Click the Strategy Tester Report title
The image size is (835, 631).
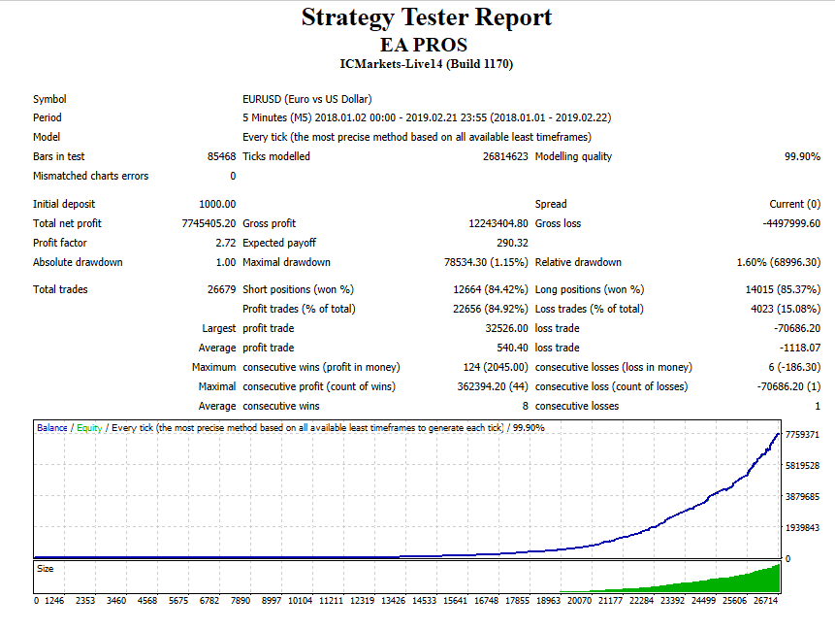[427, 17]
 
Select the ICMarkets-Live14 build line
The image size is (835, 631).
[427, 64]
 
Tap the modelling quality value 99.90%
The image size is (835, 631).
[802, 156]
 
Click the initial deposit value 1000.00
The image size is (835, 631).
[217, 204]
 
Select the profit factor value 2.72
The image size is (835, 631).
[225, 243]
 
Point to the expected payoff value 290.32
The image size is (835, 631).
[511, 243]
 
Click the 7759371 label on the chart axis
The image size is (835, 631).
[802, 434]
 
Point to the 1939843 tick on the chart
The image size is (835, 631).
[802, 527]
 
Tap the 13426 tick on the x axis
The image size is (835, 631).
[393, 600]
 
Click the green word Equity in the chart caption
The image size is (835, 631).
[89, 427]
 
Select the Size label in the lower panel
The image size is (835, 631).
[45, 568]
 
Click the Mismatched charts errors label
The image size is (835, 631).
[91, 176]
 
